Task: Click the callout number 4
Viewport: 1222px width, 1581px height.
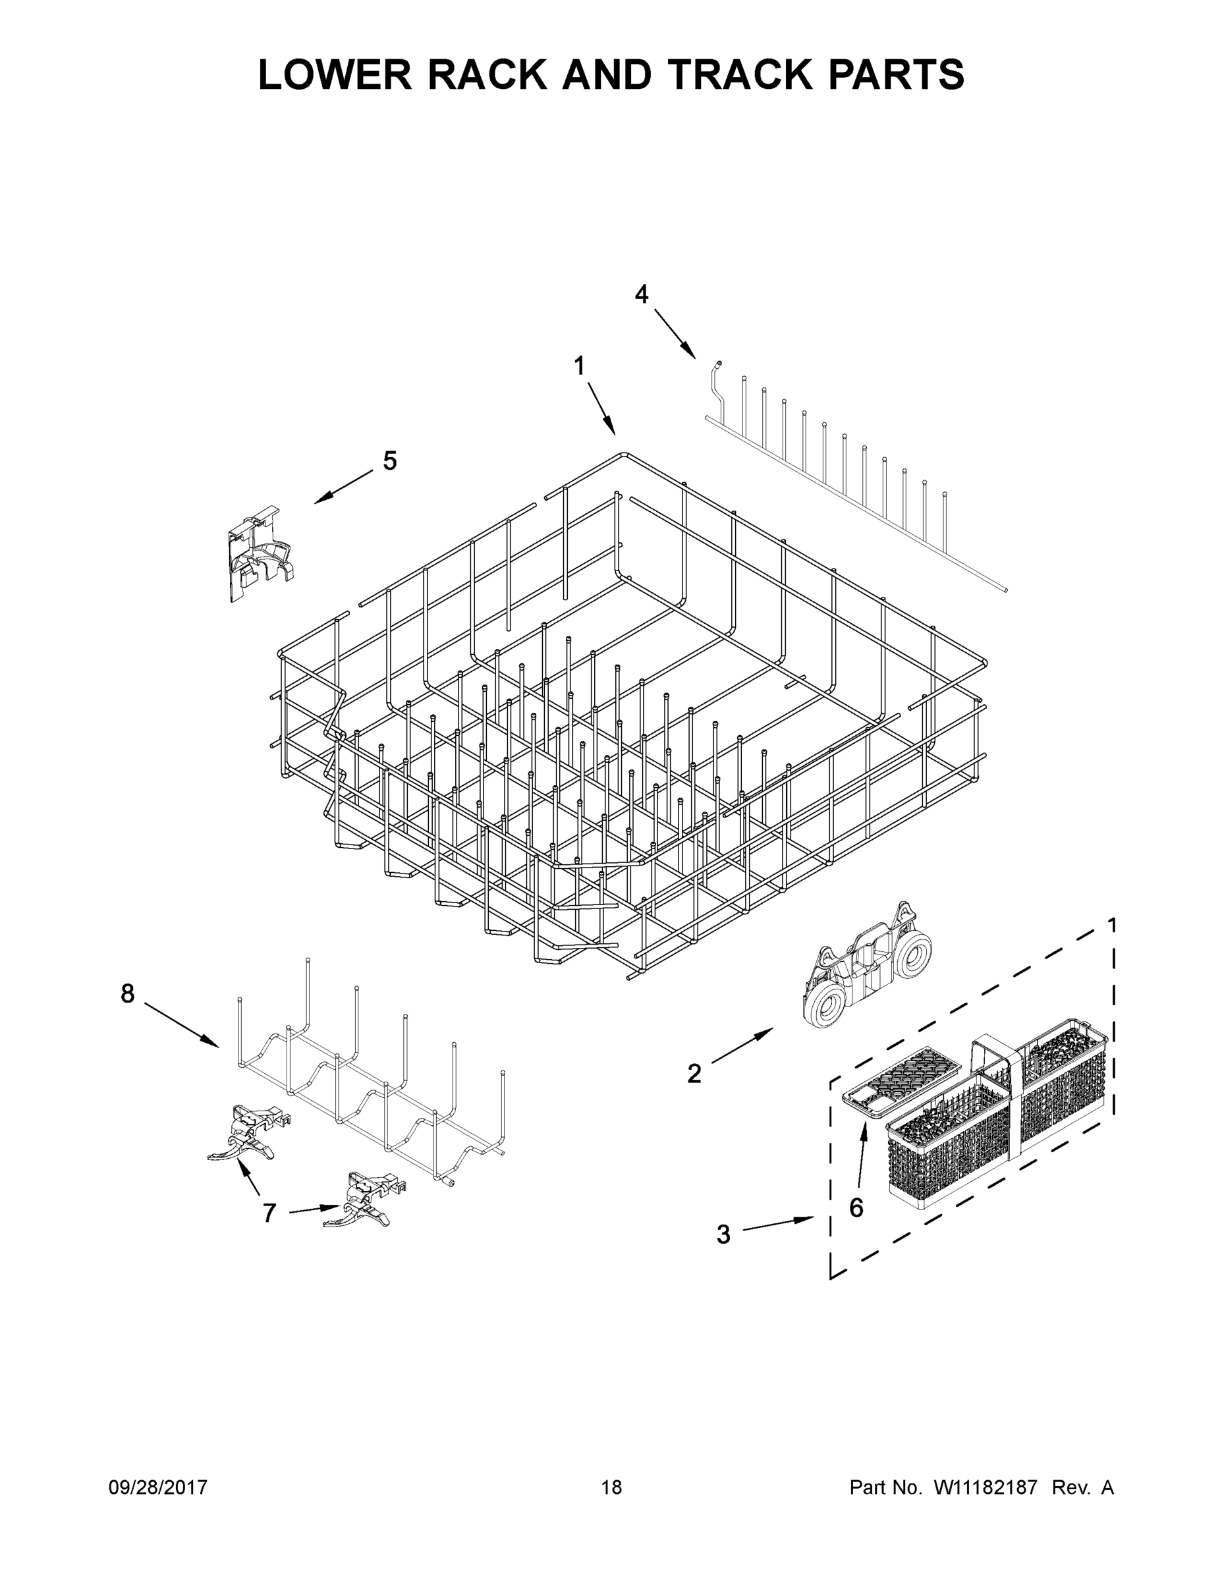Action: pyautogui.click(x=642, y=294)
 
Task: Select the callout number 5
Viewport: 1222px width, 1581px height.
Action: pyautogui.click(x=389, y=461)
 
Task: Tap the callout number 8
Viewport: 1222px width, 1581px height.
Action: pyautogui.click(x=127, y=995)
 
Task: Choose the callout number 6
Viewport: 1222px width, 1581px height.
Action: pyautogui.click(x=856, y=1207)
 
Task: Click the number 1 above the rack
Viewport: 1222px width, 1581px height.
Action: pyautogui.click(x=579, y=366)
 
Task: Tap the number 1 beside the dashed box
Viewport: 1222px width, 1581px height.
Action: pyautogui.click(x=1112, y=924)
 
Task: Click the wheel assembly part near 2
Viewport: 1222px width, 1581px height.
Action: pyautogui.click(x=866, y=966)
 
